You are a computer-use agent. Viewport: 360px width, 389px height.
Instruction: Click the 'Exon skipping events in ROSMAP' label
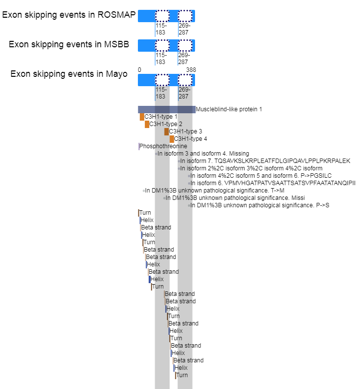click(69, 15)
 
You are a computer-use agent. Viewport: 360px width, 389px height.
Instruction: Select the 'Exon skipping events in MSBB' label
click(69, 44)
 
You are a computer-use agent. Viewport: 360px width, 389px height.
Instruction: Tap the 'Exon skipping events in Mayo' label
click(69, 74)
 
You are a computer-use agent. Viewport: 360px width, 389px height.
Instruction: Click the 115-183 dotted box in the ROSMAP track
click(162, 16)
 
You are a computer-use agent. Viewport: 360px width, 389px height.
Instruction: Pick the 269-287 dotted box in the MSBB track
click(185, 45)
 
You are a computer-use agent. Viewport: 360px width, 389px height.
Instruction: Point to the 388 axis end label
click(191, 70)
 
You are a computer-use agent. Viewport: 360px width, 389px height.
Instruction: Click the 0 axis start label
click(139, 70)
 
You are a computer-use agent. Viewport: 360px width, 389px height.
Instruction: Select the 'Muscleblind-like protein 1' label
click(229, 109)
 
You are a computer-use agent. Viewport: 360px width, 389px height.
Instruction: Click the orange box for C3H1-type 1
click(142, 117)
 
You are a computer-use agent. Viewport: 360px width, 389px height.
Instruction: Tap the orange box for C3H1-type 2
click(147, 124)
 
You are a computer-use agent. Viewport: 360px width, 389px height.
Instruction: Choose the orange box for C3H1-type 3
click(166, 132)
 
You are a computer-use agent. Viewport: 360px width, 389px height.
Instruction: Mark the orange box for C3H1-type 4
click(172, 139)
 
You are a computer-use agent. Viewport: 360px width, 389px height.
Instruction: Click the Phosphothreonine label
click(163, 146)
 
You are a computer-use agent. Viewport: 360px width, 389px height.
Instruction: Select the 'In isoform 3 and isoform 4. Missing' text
click(203, 154)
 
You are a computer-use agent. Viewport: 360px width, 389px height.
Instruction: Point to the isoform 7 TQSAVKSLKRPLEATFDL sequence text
click(265, 161)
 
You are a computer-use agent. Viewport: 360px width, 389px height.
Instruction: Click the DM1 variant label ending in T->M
click(215, 191)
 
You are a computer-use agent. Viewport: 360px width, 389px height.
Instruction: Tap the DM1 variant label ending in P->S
click(260, 205)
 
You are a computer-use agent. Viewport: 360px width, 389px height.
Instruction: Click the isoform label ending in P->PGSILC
click(261, 176)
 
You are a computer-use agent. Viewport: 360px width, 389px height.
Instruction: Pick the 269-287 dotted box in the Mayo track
click(185, 80)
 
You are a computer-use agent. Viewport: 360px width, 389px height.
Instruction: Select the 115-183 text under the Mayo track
click(161, 93)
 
